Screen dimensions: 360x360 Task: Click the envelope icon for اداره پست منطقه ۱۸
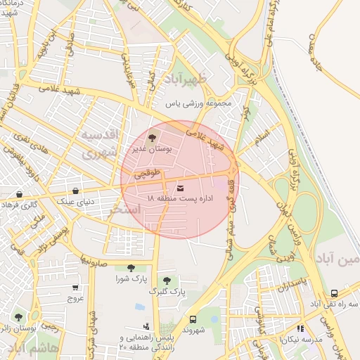point(181,188)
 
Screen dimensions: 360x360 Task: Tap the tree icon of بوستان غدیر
point(153,138)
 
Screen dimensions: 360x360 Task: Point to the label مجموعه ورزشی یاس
point(198,103)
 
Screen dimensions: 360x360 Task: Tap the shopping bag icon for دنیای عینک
point(75,191)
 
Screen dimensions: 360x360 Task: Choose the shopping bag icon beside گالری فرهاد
point(18,194)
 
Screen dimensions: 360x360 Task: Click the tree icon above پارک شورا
point(130,267)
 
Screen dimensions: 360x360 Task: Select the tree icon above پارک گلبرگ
point(167,280)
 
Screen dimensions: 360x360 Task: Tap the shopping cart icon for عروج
point(75,288)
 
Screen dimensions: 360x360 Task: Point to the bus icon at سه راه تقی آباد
point(334,293)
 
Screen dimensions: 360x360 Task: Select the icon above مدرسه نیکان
point(300,328)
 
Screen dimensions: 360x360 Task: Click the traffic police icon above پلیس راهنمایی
point(146,326)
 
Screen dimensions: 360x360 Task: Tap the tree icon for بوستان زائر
point(18,318)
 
